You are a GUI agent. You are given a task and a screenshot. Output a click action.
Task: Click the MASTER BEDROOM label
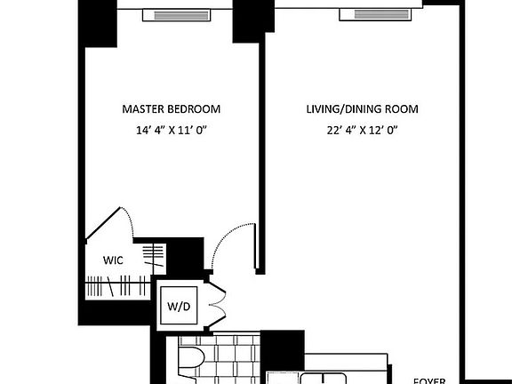(x=171, y=109)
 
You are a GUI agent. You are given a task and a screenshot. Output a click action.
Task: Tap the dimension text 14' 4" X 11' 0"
(x=171, y=130)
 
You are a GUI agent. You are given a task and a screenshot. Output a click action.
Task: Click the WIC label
(x=113, y=260)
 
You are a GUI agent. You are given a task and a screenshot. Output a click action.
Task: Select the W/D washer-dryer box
(x=179, y=307)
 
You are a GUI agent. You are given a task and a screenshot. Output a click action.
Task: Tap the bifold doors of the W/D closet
(x=215, y=308)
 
